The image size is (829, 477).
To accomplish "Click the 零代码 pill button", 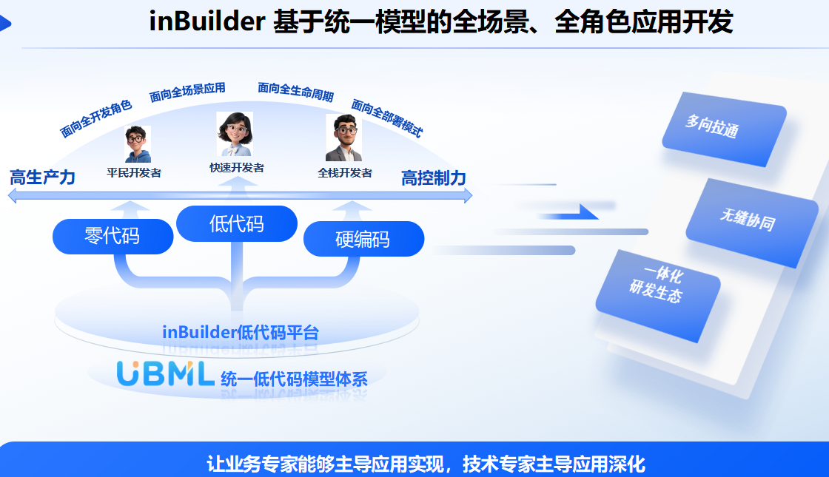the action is tap(113, 236).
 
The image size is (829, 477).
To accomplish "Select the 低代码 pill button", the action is tap(237, 223).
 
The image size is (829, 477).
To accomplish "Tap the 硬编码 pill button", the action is tap(363, 240).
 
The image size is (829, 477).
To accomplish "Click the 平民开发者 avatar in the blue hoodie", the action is tap(138, 143).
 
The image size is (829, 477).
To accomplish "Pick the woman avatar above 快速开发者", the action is tap(235, 134).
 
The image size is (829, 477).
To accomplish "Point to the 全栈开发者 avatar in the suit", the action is tap(344, 138).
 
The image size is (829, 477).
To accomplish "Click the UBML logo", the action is tap(165, 373).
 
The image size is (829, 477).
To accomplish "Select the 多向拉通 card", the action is tap(725, 129).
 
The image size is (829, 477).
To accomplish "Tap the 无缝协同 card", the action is tap(752, 223).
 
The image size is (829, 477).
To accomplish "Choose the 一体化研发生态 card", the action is tap(658, 295).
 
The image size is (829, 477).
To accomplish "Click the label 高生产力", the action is tap(42, 177).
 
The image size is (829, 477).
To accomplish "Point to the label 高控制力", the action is tap(434, 178).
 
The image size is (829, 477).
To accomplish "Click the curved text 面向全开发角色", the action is tap(95, 118).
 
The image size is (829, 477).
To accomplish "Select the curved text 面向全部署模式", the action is tap(387, 118).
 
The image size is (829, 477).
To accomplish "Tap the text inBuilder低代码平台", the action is tap(241, 332).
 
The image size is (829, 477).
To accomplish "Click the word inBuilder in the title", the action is tap(207, 21).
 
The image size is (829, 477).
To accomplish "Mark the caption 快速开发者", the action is tap(237, 167).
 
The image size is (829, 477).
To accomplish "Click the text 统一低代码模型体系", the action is tap(294, 379).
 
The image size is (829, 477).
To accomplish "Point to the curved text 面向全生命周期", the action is tap(295, 92).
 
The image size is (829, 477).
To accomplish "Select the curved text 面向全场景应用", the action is tap(188, 92).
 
